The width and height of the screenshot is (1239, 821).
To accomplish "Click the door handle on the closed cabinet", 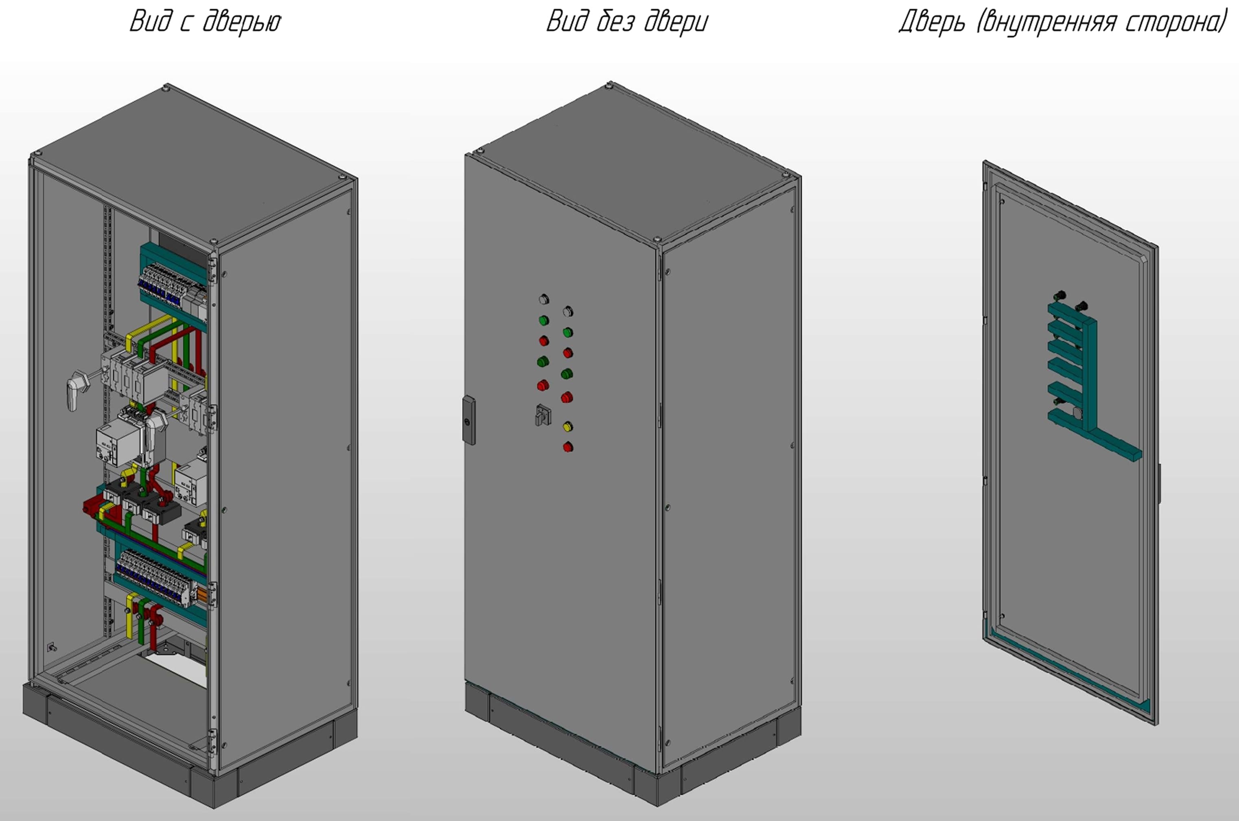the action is pos(469,420).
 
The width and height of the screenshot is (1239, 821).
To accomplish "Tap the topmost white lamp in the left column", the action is pos(544,299).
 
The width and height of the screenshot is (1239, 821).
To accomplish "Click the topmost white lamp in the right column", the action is pos(568,312).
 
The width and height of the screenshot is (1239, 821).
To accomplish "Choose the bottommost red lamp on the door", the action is pos(567,447).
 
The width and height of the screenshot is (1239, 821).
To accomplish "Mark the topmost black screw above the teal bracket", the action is pos(1060,295).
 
